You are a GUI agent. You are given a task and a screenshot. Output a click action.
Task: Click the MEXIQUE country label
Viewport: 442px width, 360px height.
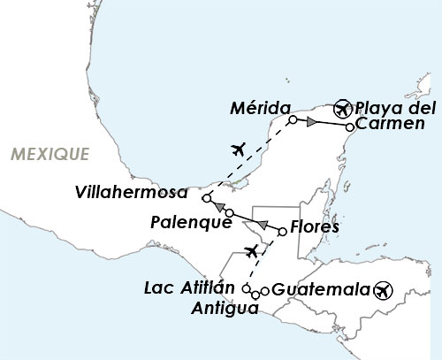50,155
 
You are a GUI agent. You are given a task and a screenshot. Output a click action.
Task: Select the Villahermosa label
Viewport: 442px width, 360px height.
132,192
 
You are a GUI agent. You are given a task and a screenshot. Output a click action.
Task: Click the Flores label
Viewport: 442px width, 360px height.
314,228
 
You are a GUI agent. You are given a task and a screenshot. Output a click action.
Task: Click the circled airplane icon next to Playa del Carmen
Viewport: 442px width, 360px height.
343,110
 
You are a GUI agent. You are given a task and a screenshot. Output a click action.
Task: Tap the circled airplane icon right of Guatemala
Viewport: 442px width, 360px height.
382,289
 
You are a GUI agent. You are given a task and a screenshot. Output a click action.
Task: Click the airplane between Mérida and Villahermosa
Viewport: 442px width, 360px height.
236,148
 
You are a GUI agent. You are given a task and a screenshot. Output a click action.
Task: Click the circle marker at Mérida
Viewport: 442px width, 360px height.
293,120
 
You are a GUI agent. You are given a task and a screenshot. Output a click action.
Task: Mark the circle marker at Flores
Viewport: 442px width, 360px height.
283,232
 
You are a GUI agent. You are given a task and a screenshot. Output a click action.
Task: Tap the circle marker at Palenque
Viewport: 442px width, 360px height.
229,214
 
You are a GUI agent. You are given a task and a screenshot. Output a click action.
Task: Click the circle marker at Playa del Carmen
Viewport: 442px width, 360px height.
349,128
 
